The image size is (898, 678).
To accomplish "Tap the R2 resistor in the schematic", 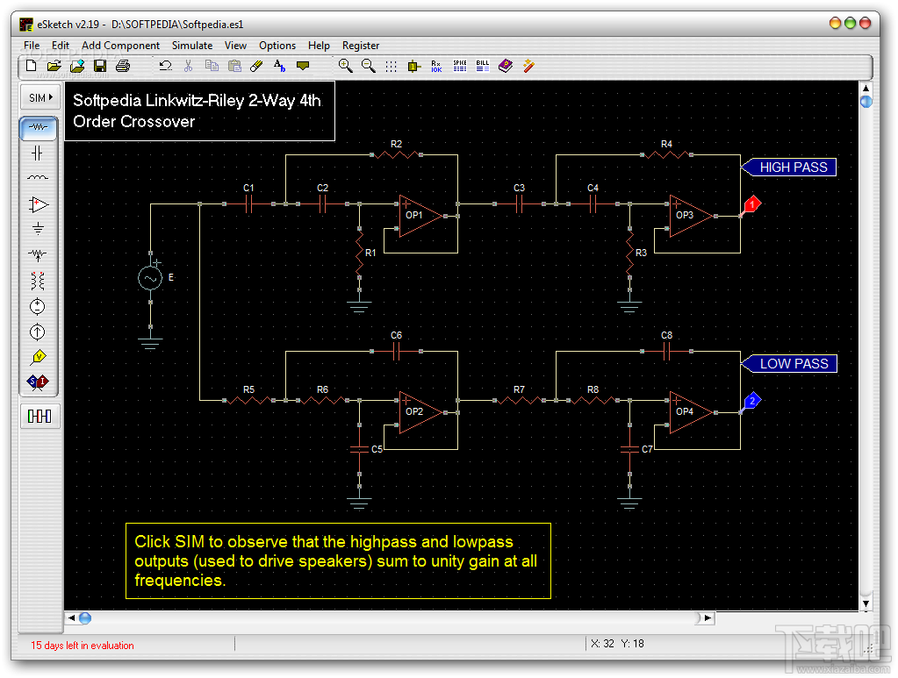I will click(396, 155).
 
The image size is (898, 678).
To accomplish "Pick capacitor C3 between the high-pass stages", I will click(519, 204).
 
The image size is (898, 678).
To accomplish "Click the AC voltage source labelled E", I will click(150, 278).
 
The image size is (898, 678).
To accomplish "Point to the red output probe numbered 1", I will click(751, 205).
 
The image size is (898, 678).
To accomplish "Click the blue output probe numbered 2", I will click(751, 402).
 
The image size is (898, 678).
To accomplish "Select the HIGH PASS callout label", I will click(793, 168).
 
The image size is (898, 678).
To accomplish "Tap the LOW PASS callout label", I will click(793, 364).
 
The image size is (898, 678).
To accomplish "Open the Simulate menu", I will click(192, 46).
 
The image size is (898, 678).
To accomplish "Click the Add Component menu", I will click(120, 46).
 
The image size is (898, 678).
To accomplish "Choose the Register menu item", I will click(361, 46).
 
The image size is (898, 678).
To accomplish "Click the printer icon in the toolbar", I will click(123, 66).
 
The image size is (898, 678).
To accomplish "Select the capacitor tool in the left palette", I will click(38, 153).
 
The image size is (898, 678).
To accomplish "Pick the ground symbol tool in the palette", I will click(38, 230).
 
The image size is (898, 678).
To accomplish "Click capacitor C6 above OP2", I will click(396, 351).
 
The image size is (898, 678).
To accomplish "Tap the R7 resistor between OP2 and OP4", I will click(519, 401).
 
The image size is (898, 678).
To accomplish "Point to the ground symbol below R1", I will click(359, 307).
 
